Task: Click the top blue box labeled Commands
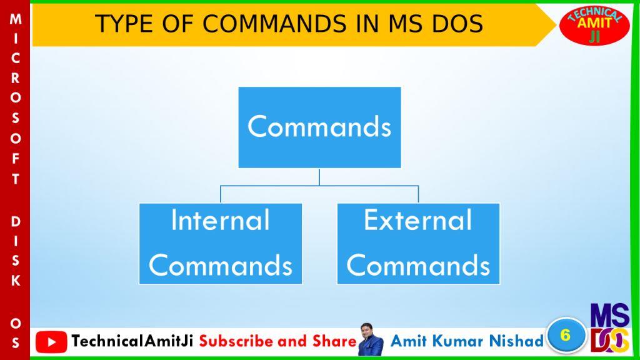tap(319, 127)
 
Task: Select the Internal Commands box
tap(221, 244)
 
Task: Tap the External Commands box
tap(418, 244)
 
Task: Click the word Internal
tap(221, 221)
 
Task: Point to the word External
tap(418, 221)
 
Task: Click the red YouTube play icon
tap(51, 342)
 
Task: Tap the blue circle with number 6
tap(565, 335)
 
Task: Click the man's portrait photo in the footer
tap(371, 340)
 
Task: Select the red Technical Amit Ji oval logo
tap(594, 25)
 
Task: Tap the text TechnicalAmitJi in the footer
tap(132, 341)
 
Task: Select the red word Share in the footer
tap(335, 341)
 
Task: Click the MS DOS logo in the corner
tap(610, 328)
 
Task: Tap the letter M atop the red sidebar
tap(16, 19)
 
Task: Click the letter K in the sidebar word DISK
tap(16, 281)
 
